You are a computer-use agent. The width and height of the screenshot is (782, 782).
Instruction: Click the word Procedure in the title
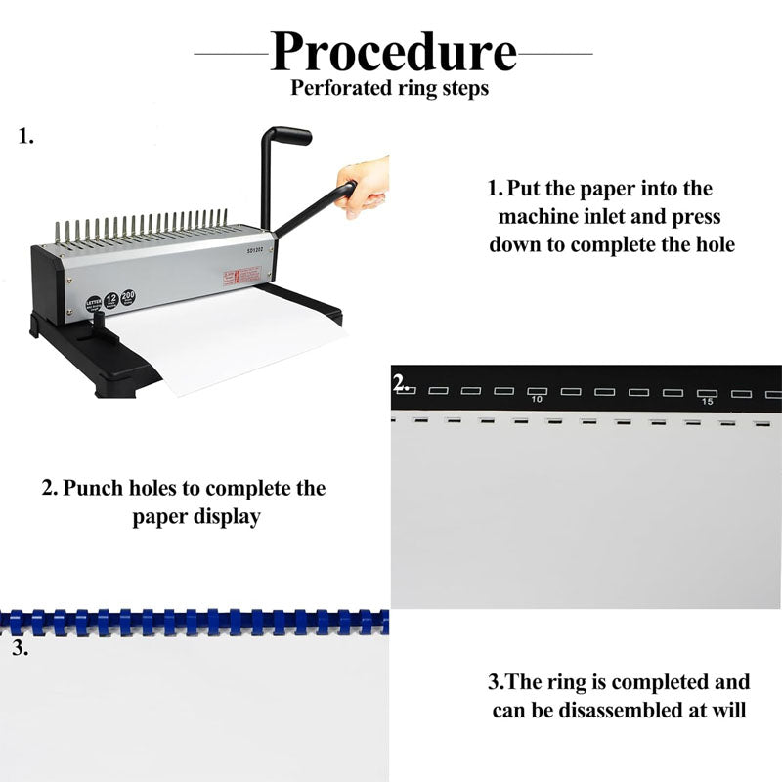(x=393, y=52)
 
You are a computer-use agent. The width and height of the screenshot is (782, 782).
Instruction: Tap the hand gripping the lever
(x=362, y=186)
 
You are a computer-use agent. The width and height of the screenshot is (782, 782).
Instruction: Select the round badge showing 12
(x=111, y=299)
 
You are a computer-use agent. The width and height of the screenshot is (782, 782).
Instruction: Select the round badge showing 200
(x=128, y=296)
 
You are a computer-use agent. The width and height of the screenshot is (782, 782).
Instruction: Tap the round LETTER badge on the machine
(x=94, y=303)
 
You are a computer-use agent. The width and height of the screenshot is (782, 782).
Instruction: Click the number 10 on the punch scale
(x=536, y=401)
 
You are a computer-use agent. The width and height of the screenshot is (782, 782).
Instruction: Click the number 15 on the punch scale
(x=707, y=402)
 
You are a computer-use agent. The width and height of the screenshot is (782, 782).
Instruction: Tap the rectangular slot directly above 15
(x=707, y=392)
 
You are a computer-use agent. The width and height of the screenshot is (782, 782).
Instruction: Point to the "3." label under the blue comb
(x=20, y=647)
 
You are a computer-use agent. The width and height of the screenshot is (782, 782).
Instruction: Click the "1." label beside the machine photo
(x=26, y=137)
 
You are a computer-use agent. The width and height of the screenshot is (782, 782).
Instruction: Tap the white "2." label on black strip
(x=401, y=383)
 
